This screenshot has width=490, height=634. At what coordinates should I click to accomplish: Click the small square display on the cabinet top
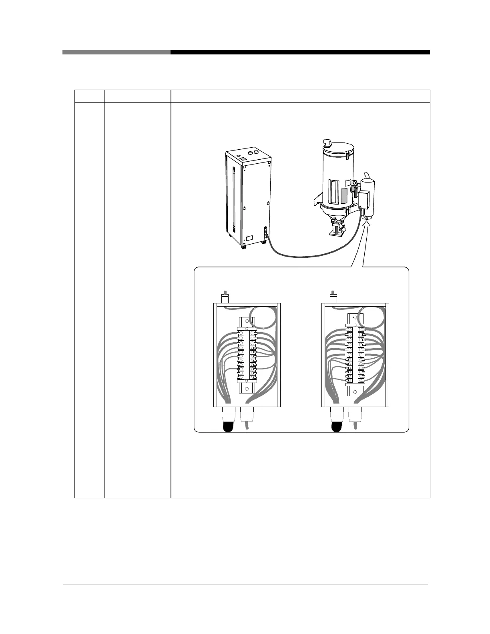pyautogui.click(x=243, y=158)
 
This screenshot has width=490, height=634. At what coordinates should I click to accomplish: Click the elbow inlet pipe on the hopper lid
pyautogui.click(x=327, y=143)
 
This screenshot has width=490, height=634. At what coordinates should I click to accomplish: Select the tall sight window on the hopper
pyautogui.click(x=333, y=190)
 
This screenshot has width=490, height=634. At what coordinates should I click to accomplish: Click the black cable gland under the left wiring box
pyautogui.click(x=228, y=427)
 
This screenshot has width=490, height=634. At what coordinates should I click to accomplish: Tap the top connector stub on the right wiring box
pyautogui.click(x=333, y=298)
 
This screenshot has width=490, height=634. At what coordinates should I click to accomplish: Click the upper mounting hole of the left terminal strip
pyautogui.click(x=247, y=321)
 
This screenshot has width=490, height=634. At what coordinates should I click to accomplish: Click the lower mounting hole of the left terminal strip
pyautogui.click(x=247, y=388)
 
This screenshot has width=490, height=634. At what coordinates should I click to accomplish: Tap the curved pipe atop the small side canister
pyautogui.click(x=365, y=177)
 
